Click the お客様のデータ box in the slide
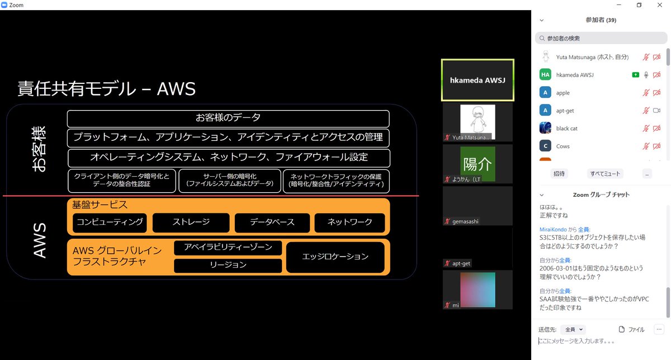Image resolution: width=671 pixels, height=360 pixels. (228, 118)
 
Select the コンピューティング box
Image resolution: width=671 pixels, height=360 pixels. (110, 222)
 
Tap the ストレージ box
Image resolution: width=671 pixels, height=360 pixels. (191, 222)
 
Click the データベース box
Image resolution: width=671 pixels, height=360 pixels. (272, 222)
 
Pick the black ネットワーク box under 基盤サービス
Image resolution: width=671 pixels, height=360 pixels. (349, 222)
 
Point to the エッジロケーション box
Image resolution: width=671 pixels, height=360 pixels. (335, 257)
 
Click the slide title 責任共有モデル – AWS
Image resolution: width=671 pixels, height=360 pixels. (106, 88)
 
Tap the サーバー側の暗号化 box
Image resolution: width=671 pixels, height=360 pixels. (230, 180)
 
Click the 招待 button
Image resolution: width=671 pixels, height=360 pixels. (559, 173)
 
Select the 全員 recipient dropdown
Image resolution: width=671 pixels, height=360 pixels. (574, 330)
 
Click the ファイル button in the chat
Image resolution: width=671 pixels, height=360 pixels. (632, 330)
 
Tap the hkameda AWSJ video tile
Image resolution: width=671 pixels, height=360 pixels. (478, 80)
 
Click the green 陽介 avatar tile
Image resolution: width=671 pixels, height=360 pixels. (478, 164)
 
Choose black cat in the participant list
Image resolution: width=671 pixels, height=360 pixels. (566, 129)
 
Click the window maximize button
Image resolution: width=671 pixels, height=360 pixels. (639, 5)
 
